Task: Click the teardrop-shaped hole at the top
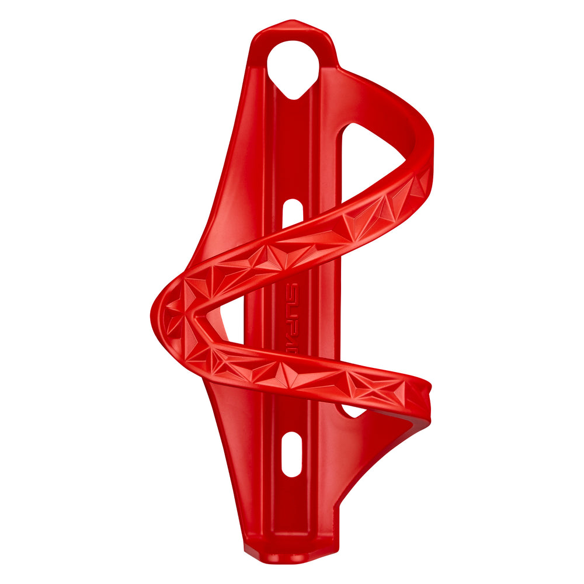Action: tap(293, 64)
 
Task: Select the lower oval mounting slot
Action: tap(291, 454)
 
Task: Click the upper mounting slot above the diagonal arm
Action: tap(292, 213)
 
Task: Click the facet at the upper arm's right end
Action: tap(419, 186)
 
